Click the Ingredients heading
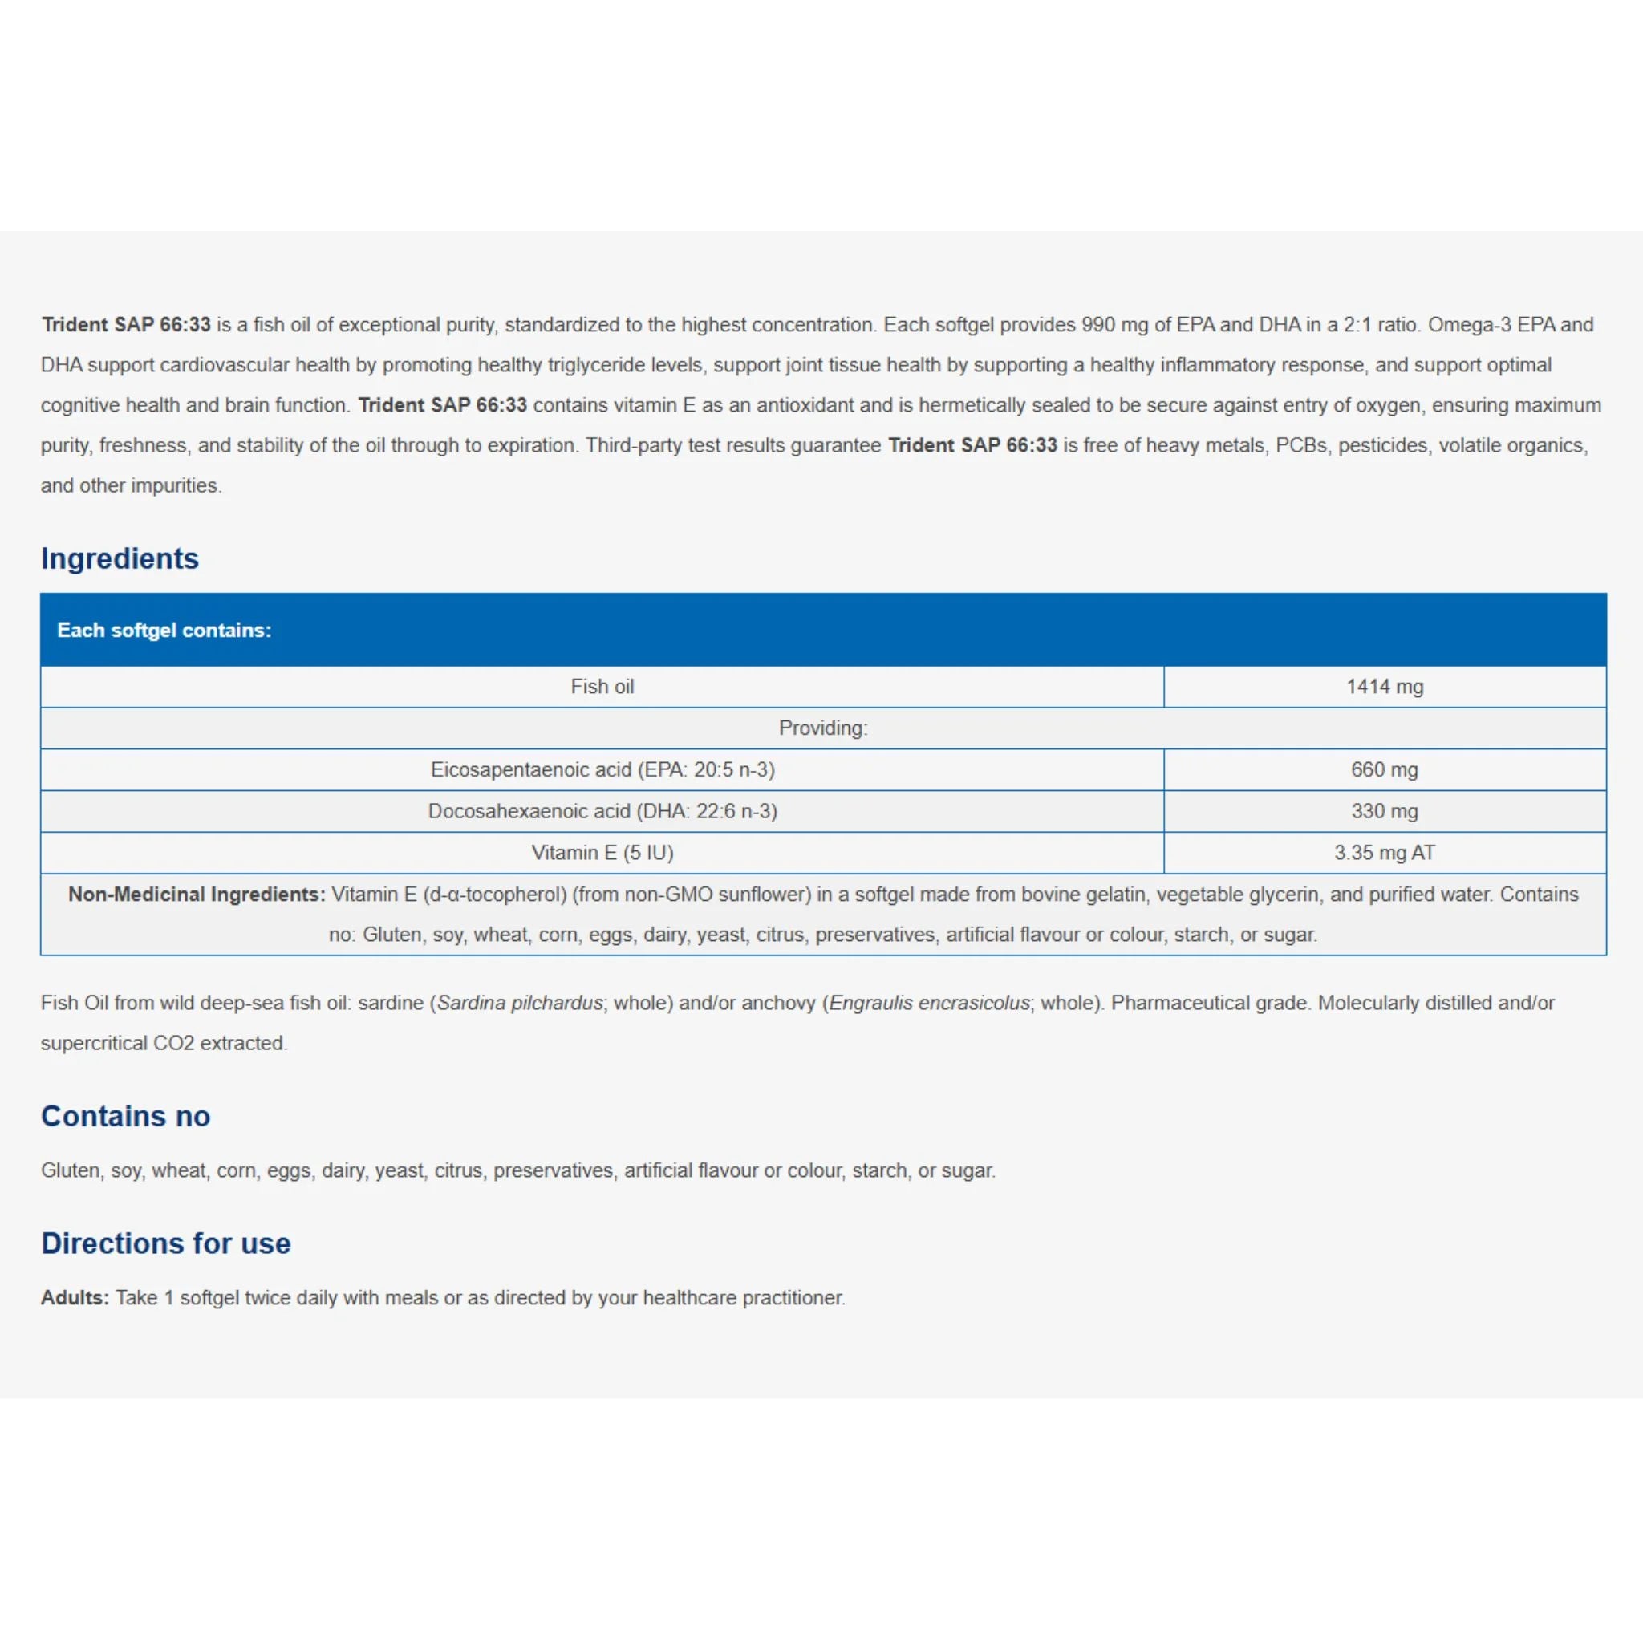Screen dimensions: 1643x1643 pos(119,558)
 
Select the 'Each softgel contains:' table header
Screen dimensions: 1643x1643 pos(164,630)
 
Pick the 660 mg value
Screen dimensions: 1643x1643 pos(1385,769)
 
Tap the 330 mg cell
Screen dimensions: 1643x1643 pos(1385,811)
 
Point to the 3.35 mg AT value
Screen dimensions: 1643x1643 pos(1385,853)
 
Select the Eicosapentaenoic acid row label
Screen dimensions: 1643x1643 pos(602,769)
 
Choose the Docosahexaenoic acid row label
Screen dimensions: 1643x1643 pos(602,811)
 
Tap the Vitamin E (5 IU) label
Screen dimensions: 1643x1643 pos(602,853)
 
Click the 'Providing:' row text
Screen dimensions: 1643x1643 pos(823,728)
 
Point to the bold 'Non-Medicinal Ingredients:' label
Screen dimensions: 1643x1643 pos(197,895)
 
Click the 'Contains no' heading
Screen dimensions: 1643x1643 pos(125,1116)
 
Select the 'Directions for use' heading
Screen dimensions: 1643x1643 pos(166,1243)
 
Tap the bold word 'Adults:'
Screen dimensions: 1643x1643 pos(75,1298)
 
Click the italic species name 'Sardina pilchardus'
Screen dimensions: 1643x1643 pos(520,1004)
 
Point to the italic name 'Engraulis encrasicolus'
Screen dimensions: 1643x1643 pos(930,1004)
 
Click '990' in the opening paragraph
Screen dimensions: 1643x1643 pos(1098,325)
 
